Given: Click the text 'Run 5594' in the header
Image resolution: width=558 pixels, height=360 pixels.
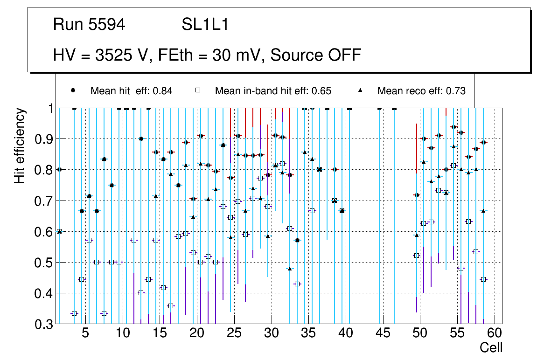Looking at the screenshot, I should coord(89,25).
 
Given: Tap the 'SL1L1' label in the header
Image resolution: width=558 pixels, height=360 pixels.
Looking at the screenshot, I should coord(205,25).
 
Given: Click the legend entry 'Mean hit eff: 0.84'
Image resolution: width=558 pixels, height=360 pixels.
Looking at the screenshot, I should coord(131,91).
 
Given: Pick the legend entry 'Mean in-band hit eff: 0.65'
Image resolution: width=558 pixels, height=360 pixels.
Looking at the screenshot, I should coord(273,91).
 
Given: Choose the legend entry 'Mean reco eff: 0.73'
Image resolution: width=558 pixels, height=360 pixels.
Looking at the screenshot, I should coord(421,91).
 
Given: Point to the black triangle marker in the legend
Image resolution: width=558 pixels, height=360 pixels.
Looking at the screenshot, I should coord(361,90).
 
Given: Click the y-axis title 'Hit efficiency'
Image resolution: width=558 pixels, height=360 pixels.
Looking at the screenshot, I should coord(20,146).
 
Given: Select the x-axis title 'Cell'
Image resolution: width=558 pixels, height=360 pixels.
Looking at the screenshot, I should coord(491,347).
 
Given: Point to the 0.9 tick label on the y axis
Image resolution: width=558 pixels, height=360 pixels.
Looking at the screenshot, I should coord(43,139).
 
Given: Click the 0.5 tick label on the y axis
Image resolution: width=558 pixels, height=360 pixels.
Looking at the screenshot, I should coord(43,263).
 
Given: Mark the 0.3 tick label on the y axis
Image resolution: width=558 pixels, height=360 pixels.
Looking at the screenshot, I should coord(43,324).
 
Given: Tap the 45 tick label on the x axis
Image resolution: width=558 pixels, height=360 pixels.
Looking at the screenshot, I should coord(383,334).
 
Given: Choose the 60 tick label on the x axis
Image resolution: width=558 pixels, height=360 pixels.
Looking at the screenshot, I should coord(495,334).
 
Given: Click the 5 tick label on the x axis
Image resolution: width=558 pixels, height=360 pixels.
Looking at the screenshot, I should coord(85,334).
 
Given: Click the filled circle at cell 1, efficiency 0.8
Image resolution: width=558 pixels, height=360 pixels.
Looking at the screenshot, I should coord(59,169).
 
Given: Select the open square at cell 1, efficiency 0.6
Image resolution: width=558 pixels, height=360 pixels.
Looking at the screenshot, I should coord(59,231).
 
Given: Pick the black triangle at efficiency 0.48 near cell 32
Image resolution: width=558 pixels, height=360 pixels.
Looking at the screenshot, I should coord(290,269).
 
